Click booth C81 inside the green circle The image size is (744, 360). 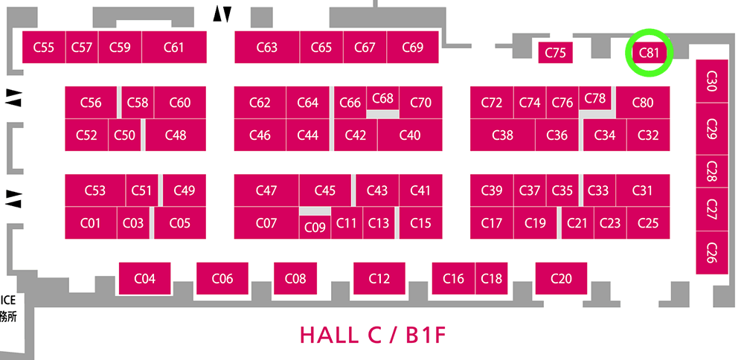pyautogui.click(x=649, y=53)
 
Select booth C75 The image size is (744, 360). pyautogui.click(x=556, y=53)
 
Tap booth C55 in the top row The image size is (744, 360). pyautogui.click(x=44, y=47)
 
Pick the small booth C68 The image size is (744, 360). pyautogui.click(x=382, y=98)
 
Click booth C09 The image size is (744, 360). pyautogui.click(x=315, y=227)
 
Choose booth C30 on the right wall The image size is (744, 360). pyautogui.click(x=712, y=81)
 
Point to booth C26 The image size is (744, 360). pyautogui.click(x=712, y=252)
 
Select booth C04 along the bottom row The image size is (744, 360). pyautogui.click(x=145, y=278)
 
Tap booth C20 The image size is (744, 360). pyautogui.click(x=561, y=278)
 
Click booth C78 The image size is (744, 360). pyautogui.click(x=595, y=98)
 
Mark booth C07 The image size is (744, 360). pyautogui.click(x=266, y=223)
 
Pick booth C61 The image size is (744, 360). pyautogui.click(x=173, y=47)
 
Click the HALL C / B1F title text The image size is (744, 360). pyautogui.click(x=373, y=335)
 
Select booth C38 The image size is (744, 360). pyautogui.click(x=502, y=135)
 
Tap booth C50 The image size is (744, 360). pyautogui.click(x=125, y=135)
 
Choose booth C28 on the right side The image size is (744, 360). pyautogui.click(x=712, y=171)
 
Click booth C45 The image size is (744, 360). pyautogui.click(x=325, y=190)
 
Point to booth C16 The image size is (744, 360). pyautogui.click(x=453, y=278)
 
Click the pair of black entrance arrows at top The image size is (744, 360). pyautogui.click(x=222, y=14)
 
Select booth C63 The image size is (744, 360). pyautogui.click(x=266, y=47)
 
